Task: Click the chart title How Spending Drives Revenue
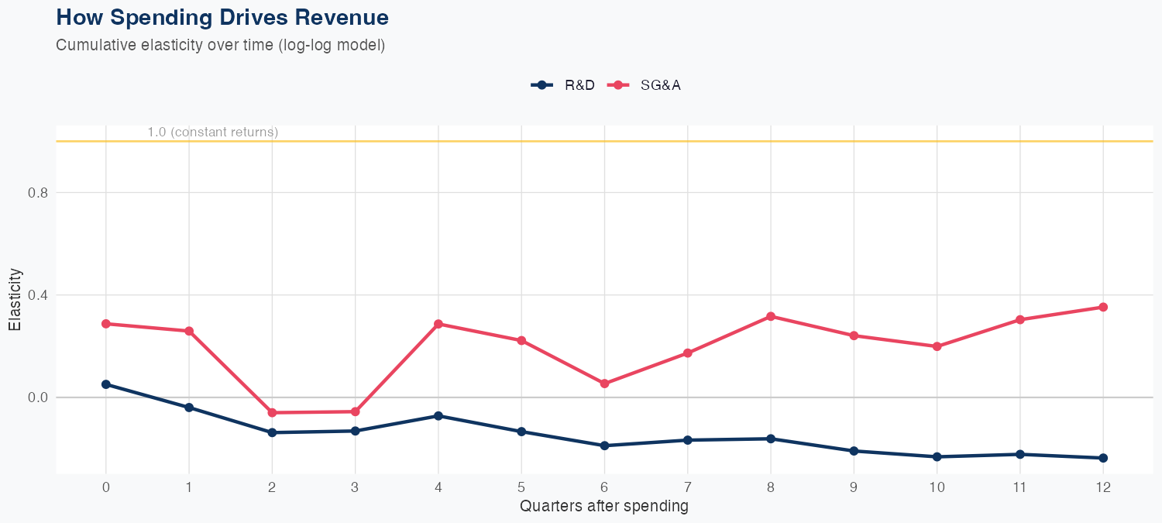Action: coord(222,17)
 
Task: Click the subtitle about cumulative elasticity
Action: coord(220,45)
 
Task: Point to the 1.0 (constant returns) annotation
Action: coord(212,132)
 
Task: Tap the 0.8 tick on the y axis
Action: coord(38,193)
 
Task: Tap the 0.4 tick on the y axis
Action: coord(38,295)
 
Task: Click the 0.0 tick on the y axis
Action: coord(38,397)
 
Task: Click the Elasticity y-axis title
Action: coord(15,300)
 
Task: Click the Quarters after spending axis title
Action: coord(603,507)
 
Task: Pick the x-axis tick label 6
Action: coord(604,487)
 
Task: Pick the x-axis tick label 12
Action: coord(1103,487)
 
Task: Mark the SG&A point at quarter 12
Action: coord(1103,307)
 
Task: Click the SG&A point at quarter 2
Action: coord(272,413)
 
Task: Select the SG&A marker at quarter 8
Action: coord(771,316)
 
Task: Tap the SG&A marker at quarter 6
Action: coord(604,384)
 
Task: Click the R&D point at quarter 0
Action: coord(106,384)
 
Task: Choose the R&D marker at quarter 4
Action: coord(438,416)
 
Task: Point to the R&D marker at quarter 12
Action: coord(1103,458)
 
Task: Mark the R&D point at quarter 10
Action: coord(937,457)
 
